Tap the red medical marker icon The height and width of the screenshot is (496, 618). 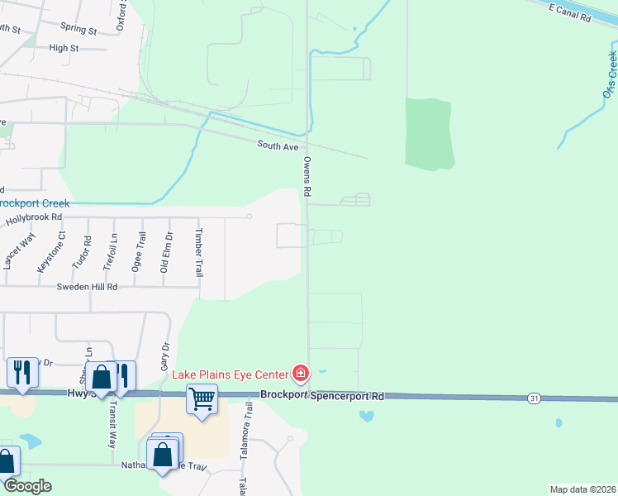[x=301, y=374]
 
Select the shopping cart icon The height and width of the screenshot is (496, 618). [x=202, y=399]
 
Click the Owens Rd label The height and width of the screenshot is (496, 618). [x=307, y=176]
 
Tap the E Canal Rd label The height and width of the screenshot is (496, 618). [x=570, y=12]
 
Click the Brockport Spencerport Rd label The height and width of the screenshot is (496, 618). [x=322, y=396]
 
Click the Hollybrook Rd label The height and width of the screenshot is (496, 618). [x=34, y=219]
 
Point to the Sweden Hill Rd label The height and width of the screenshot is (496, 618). [x=87, y=287]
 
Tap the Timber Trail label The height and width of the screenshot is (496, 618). [x=198, y=252]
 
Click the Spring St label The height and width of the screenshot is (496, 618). [x=83, y=31]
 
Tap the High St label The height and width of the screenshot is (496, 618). [x=64, y=48]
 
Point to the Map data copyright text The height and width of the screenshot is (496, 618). [x=582, y=489]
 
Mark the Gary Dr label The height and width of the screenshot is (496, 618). [x=164, y=355]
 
